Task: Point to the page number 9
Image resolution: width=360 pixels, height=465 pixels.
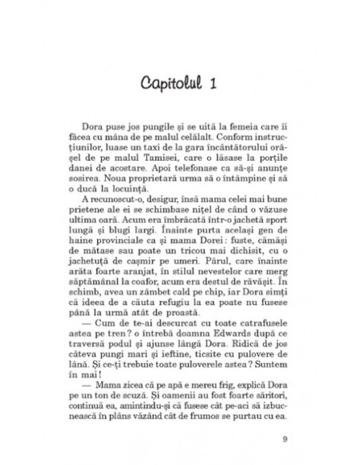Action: click(286, 440)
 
